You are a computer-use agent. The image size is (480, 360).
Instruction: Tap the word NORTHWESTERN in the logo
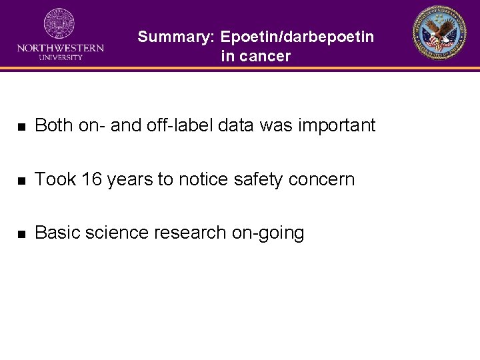[60, 48]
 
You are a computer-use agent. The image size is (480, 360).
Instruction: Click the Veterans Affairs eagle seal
[439, 33]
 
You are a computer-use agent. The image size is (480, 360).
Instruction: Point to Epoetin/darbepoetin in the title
[297, 37]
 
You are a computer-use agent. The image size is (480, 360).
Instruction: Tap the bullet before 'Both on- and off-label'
[22, 126]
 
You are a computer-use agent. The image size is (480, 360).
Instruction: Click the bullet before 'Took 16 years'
[22, 180]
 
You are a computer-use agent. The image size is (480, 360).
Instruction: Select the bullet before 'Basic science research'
[22, 234]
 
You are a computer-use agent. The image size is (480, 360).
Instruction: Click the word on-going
[268, 233]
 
